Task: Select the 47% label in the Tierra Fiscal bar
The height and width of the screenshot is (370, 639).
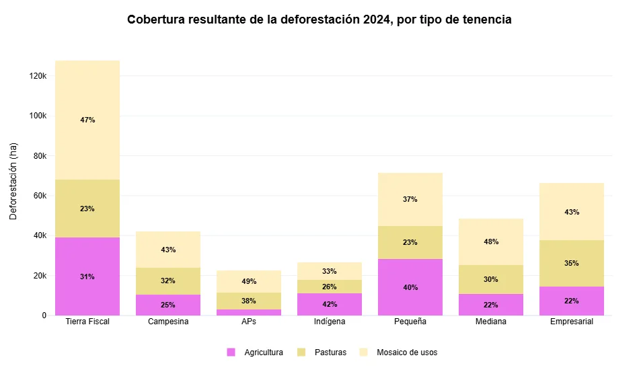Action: click(x=87, y=120)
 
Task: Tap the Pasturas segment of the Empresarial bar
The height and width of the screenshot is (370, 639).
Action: click(x=572, y=263)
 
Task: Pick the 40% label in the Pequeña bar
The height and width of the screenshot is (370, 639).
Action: click(x=410, y=287)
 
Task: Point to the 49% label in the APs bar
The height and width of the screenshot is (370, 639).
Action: click(x=249, y=281)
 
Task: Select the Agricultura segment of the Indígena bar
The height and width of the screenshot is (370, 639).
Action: click(x=330, y=304)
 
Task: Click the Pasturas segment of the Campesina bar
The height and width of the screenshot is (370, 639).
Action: click(x=168, y=281)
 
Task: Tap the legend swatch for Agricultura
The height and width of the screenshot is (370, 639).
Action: click(x=231, y=352)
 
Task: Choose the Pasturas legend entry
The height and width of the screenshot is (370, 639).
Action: click(x=330, y=352)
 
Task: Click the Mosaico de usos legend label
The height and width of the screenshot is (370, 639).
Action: click(x=406, y=352)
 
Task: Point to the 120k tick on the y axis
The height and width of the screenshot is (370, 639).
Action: click(x=37, y=76)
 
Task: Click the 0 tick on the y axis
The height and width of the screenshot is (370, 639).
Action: click(x=44, y=315)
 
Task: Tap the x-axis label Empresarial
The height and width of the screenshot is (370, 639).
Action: click(x=572, y=322)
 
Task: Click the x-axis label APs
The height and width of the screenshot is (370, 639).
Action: click(x=249, y=322)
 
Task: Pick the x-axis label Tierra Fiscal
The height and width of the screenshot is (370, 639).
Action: click(x=87, y=322)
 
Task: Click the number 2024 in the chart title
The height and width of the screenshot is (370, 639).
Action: click(x=377, y=20)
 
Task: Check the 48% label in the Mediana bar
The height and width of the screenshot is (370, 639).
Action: click(x=491, y=242)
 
